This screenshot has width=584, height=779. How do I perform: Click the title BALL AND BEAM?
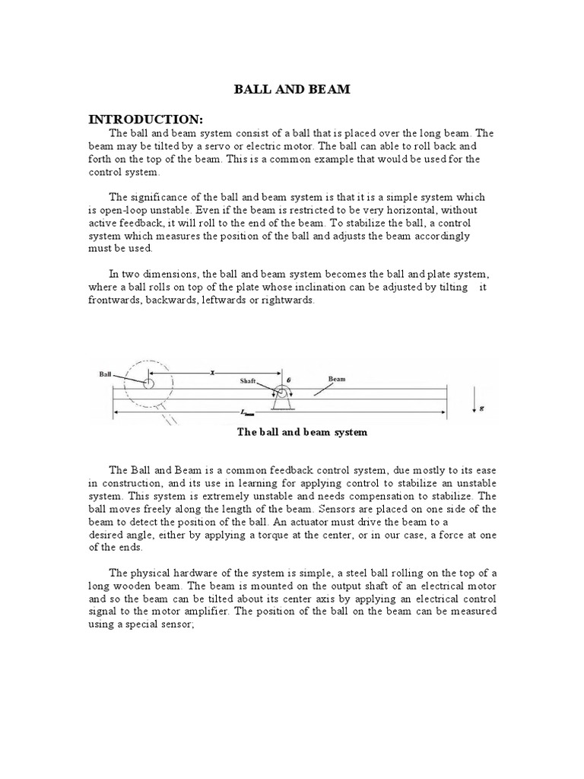click(x=291, y=91)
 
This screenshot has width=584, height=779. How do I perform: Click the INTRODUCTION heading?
click(x=145, y=120)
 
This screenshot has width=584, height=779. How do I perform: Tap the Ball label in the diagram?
click(x=106, y=374)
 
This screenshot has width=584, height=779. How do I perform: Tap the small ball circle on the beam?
click(x=148, y=383)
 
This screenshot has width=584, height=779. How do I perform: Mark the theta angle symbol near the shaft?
click(x=290, y=378)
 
